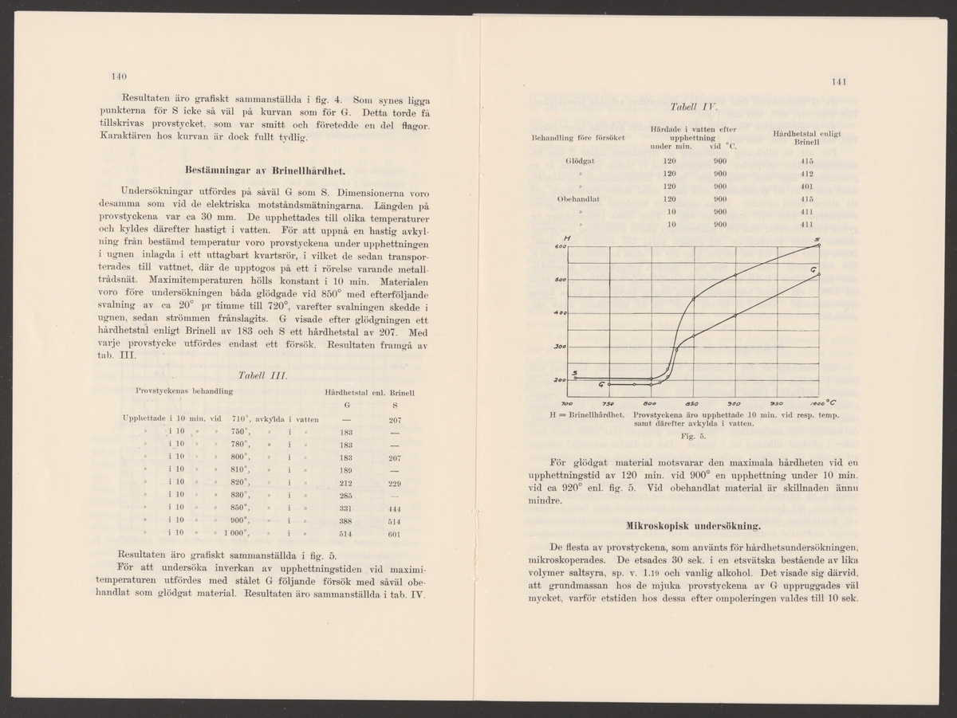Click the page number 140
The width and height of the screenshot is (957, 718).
tap(119, 77)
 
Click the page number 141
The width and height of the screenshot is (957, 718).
tap(838, 81)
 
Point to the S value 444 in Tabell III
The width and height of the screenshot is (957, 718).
tap(394, 508)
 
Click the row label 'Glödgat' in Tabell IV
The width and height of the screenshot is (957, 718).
tap(581, 160)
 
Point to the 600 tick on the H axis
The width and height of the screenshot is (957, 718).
tap(560, 247)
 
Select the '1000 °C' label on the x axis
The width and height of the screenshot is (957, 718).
tap(817, 403)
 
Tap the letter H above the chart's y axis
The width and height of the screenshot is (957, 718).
tap(565, 237)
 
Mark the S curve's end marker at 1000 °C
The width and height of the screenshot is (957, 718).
tap(818, 245)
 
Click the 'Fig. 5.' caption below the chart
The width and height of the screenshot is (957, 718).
tap(691, 437)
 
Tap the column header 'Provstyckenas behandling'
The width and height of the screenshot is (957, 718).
tap(184, 391)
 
